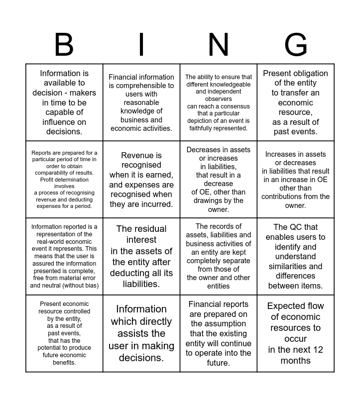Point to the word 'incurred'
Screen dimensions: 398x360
pos(155,204)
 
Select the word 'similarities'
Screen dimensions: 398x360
pos(289,266)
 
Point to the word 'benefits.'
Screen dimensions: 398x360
pos(64,363)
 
